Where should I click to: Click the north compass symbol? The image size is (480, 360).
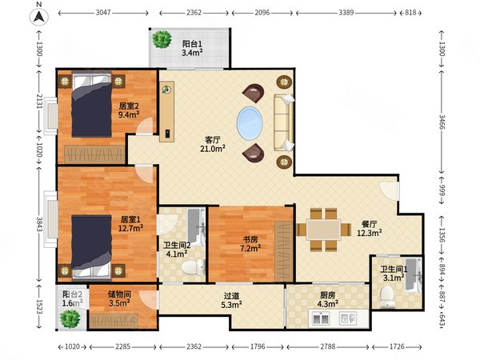39,17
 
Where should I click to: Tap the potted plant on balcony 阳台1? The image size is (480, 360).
162,39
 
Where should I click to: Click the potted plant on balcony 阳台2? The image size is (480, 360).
70,318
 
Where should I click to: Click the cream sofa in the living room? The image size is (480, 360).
284,122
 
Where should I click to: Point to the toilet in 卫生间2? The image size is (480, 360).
193,267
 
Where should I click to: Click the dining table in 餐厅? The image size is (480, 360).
324,230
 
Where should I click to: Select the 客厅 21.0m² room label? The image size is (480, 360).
213,144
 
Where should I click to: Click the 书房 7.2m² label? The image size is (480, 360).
250,244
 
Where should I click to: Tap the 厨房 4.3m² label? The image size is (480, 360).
327,299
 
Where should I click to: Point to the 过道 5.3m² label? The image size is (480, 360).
231,300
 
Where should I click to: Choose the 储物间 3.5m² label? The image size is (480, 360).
119,298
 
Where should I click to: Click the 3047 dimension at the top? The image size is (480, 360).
103,13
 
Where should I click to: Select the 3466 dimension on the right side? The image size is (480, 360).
442,122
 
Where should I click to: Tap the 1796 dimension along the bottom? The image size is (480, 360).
258,346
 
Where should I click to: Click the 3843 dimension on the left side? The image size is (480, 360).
39,224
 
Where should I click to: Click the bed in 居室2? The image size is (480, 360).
92,104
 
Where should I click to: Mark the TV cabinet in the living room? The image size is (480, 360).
167,111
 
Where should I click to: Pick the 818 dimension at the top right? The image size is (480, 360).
410,13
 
